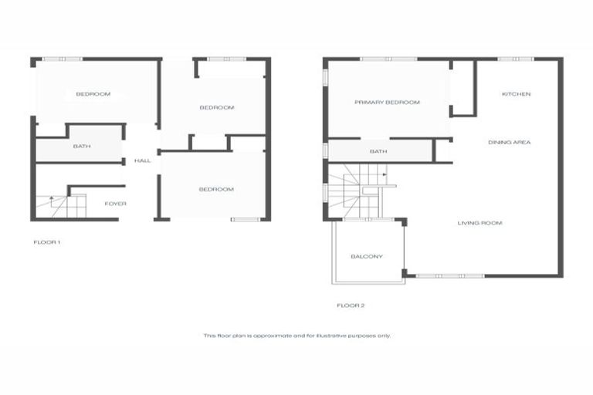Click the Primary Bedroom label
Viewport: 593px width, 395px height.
[x=387, y=102]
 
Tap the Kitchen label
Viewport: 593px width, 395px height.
[x=517, y=94]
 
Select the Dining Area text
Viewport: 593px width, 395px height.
[x=510, y=142]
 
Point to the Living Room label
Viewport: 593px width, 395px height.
[x=479, y=223]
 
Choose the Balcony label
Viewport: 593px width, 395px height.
[x=367, y=256]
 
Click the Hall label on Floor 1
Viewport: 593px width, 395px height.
[x=142, y=160]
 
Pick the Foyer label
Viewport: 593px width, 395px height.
[x=115, y=204]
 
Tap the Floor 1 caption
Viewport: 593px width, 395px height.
[x=46, y=242]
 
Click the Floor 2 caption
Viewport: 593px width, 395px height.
[x=351, y=306]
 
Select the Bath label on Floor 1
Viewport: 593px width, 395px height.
[x=82, y=146]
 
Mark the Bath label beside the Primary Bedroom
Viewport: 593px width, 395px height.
[x=378, y=151]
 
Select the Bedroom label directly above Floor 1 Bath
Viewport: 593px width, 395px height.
[x=93, y=94]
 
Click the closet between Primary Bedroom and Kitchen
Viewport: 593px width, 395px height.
[x=463, y=87]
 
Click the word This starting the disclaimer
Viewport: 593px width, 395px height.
[x=208, y=336]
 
